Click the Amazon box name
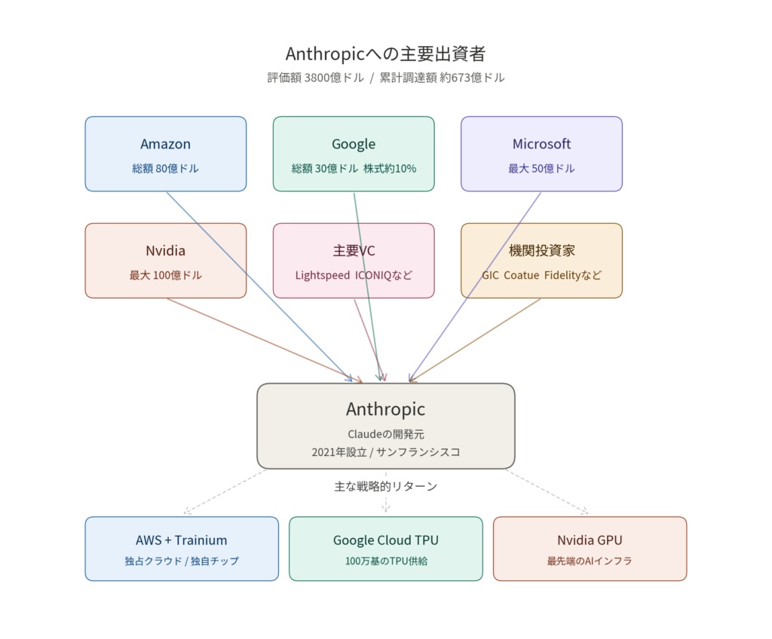(165, 144)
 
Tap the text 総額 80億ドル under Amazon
(165, 169)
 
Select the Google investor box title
(354, 144)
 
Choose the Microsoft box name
(541, 144)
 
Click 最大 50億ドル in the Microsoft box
(541, 169)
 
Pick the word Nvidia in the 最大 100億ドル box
(165, 251)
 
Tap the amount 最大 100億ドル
(165, 276)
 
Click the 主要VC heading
(354, 251)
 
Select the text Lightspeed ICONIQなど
(354, 276)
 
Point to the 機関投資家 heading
(541, 251)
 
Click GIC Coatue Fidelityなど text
(541, 276)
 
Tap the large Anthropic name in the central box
(385, 409)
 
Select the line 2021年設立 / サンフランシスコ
(385, 452)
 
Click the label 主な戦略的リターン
(385, 486)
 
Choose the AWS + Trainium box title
(181, 540)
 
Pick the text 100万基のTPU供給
(385, 561)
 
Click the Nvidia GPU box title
(590, 540)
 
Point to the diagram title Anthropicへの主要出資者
(385, 54)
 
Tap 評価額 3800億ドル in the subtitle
(315, 78)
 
